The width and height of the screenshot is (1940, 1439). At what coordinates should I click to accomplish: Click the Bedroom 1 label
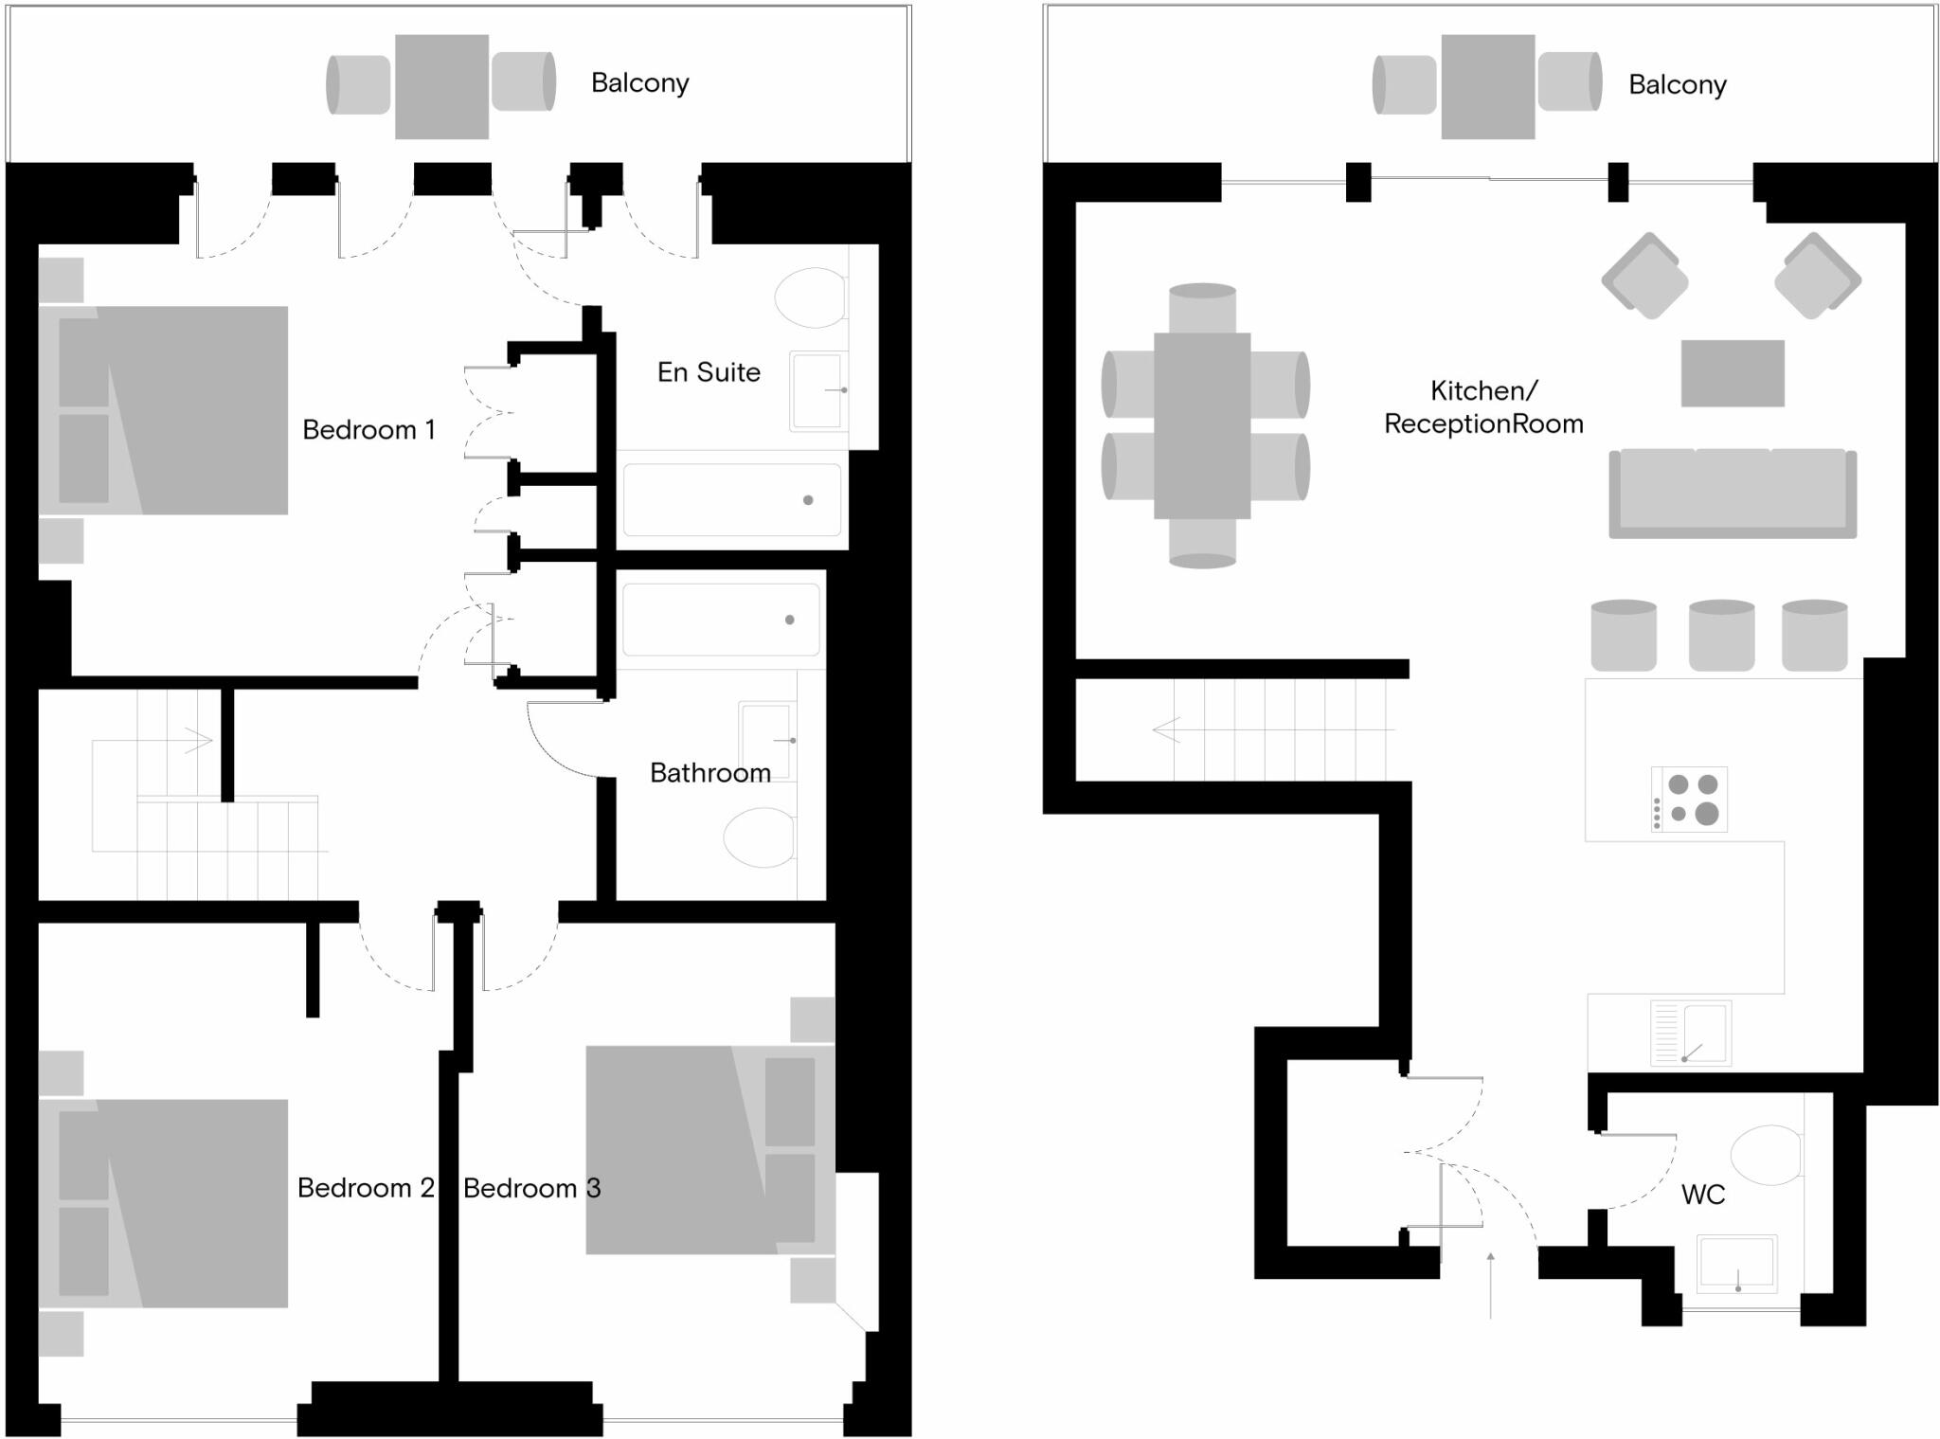pyautogui.click(x=368, y=430)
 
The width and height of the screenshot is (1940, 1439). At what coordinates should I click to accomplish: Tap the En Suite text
pyautogui.click(x=709, y=372)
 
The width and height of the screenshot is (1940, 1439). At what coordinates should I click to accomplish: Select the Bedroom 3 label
pyautogui.click(x=531, y=1188)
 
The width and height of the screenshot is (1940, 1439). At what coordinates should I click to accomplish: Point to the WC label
pyautogui.click(x=1702, y=1196)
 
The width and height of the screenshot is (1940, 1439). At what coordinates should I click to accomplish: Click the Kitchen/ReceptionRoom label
pyautogui.click(x=1483, y=407)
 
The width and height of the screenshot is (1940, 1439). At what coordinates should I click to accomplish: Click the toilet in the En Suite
pyautogui.click(x=810, y=297)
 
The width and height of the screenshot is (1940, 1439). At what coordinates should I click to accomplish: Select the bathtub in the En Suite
pyautogui.click(x=731, y=499)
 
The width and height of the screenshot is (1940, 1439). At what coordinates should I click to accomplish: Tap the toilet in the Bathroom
pyautogui.click(x=760, y=837)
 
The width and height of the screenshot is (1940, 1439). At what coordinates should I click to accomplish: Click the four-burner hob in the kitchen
pyautogui.click(x=1690, y=799)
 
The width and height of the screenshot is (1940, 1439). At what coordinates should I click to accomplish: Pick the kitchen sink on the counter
pyautogui.click(x=1691, y=1033)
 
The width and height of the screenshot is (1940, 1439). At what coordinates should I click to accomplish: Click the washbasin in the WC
pyautogui.click(x=1735, y=1263)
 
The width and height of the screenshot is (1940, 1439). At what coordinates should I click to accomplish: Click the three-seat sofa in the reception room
pyautogui.click(x=1733, y=494)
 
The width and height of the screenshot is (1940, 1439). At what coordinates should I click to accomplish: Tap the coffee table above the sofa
pyautogui.click(x=1733, y=373)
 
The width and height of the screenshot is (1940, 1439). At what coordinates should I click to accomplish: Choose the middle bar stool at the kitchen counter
pyautogui.click(x=1721, y=635)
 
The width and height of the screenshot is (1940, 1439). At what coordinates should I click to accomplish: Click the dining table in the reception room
pyautogui.click(x=1202, y=425)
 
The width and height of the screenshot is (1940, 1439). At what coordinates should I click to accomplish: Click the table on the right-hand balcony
pyautogui.click(x=1487, y=87)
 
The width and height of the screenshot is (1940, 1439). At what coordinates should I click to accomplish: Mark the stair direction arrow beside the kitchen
pyautogui.click(x=1167, y=729)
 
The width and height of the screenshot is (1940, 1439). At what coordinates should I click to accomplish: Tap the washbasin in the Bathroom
pyautogui.click(x=767, y=739)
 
